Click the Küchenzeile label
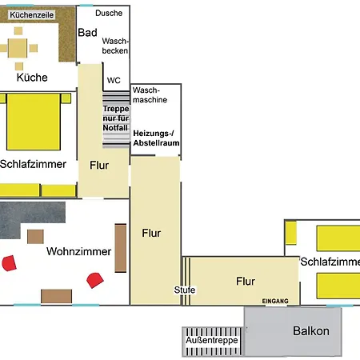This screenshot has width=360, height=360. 32,15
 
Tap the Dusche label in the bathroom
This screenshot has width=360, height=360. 109,13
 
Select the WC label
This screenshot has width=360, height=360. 114,80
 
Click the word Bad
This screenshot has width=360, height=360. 87,33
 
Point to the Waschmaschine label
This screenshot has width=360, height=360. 150,95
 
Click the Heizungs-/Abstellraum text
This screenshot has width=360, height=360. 156,138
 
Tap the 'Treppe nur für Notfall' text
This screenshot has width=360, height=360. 116,118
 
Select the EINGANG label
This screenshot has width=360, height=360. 275,301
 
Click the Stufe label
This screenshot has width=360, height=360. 185,290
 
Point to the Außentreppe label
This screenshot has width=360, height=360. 212,340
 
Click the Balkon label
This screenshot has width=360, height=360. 311,331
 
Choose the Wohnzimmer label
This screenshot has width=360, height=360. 78,251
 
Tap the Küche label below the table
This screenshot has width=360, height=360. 32,78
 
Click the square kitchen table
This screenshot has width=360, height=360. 18,48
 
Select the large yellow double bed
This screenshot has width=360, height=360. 34,122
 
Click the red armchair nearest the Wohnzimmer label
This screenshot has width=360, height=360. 95,280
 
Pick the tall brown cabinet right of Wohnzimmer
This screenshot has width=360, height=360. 121,248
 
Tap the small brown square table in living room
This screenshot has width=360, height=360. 35,237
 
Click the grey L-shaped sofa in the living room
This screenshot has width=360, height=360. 30,216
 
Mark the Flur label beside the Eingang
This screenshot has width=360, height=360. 246,282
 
